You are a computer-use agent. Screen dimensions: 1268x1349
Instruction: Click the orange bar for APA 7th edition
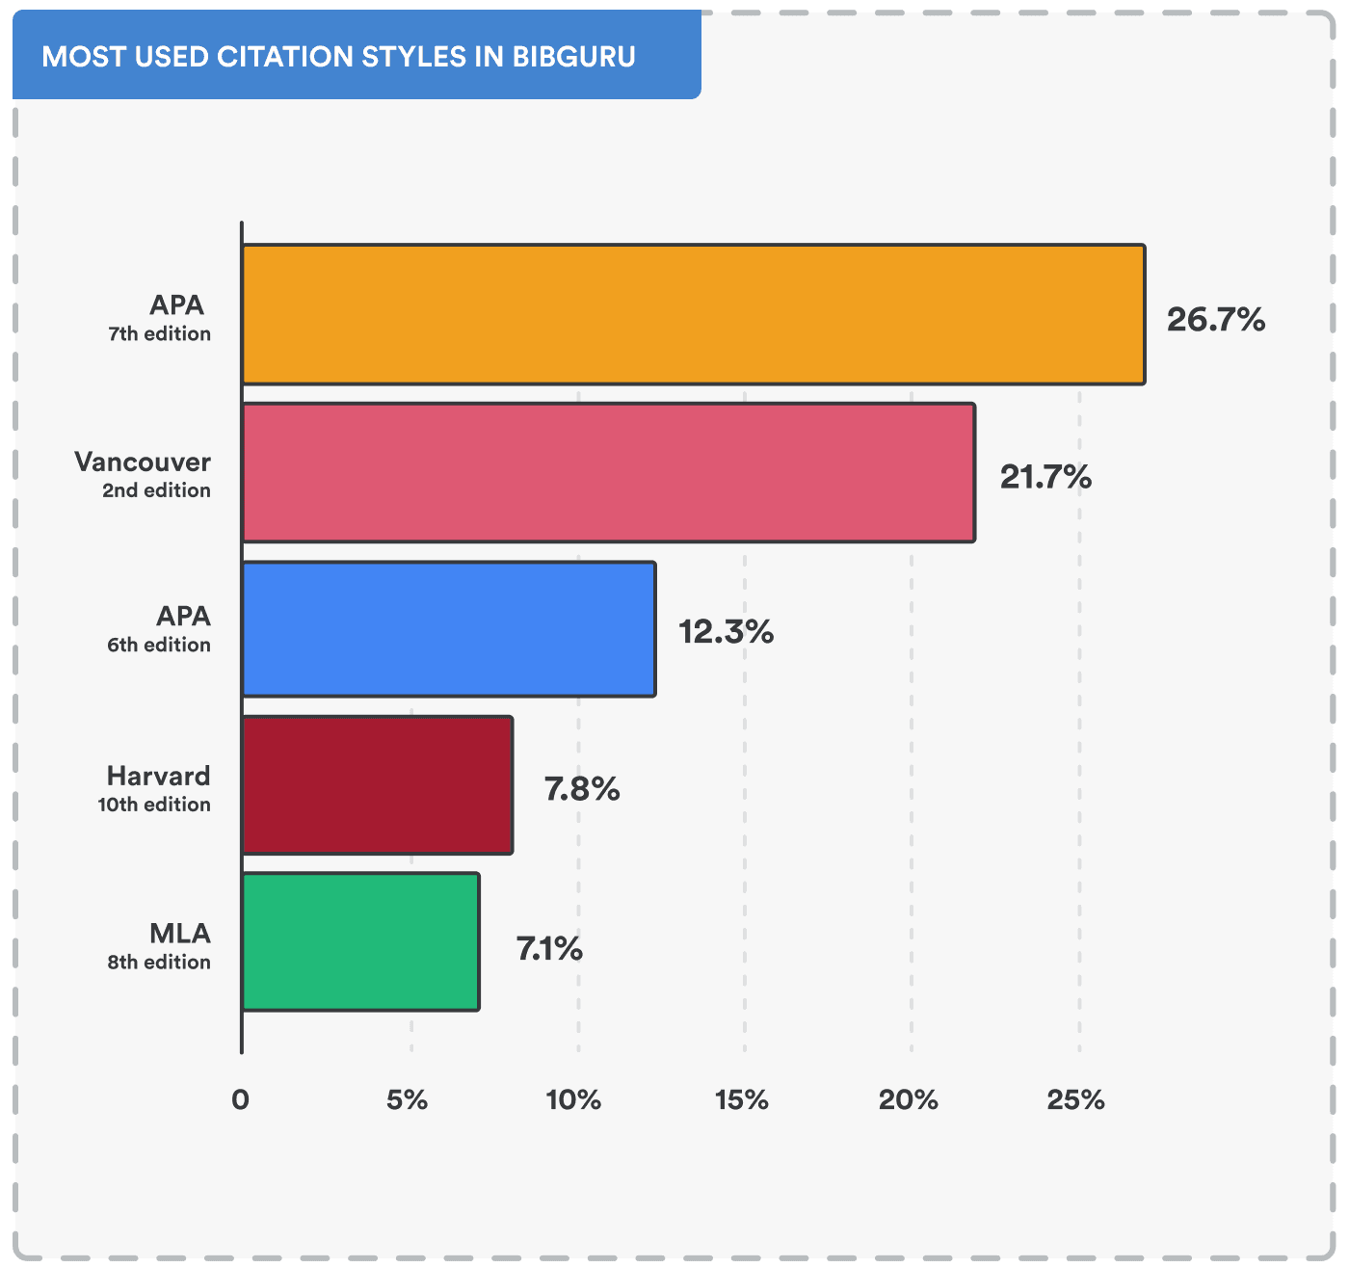(693, 315)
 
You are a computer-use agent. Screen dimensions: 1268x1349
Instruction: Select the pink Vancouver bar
(608, 472)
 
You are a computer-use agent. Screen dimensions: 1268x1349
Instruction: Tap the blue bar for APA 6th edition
(448, 629)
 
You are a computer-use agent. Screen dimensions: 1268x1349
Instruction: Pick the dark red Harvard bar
(377, 785)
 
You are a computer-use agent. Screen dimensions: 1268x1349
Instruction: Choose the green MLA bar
(360, 941)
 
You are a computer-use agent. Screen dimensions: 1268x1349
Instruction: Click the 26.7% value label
(1215, 319)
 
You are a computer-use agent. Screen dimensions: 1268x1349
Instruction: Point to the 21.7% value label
(1045, 476)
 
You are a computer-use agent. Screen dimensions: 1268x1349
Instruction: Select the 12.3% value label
(726, 632)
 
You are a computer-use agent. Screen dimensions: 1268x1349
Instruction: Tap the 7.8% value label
(582, 789)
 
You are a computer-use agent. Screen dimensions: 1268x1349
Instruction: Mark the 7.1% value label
(549, 949)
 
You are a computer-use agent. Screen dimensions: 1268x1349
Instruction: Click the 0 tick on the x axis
(240, 1099)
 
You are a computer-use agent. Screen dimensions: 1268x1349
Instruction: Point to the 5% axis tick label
(407, 1099)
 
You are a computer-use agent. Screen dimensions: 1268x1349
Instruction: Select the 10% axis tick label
(573, 1099)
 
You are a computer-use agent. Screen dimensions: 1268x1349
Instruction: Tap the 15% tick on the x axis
(741, 1099)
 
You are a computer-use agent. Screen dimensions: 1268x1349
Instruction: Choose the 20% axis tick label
(908, 1099)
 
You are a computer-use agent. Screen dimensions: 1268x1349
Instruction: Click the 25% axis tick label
(1075, 1099)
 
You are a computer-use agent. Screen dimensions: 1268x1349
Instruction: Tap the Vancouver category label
(143, 462)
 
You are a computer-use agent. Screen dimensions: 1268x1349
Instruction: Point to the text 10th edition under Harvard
(154, 805)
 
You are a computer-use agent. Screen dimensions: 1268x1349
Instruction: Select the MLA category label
(180, 933)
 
